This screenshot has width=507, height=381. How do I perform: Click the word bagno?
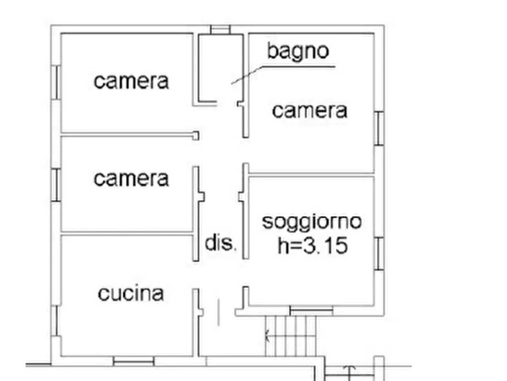(298, 52)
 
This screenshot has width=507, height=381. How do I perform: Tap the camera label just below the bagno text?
(309, 111)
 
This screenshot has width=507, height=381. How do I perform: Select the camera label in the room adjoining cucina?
(131, 179)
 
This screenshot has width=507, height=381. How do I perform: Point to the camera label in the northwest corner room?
(131, 81)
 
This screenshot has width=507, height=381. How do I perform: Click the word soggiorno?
(312, 223)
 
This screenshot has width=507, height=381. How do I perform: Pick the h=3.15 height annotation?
(313, 245)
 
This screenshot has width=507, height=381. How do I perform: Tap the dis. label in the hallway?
(220, 242)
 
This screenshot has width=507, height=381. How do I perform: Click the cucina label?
(131, 294)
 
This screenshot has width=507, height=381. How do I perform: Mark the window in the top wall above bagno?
(220, 30)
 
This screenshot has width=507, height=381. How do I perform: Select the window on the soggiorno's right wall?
(379, 254)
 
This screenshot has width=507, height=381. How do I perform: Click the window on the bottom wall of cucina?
(133, 361)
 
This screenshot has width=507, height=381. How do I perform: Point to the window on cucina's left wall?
(56, 321)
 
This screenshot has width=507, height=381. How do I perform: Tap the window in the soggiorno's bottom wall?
(311, 311)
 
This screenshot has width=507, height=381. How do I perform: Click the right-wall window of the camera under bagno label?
(379, 129)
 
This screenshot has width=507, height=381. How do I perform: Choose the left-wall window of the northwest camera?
(56, 82)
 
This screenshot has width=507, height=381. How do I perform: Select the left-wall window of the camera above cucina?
(56, 185)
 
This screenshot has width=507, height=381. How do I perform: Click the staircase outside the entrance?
(290, 336)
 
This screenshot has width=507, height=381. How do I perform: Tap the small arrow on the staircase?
(267, 336)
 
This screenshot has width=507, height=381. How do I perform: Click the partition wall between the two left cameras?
(129, 134)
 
